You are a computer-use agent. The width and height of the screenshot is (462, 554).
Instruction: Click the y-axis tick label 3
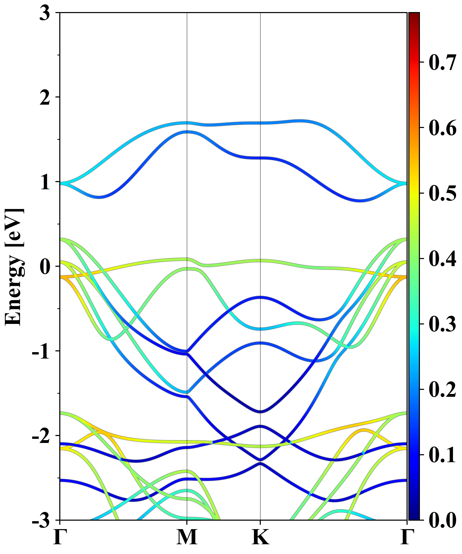click(45, 13)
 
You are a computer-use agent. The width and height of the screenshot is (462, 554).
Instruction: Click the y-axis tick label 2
click(45, 98)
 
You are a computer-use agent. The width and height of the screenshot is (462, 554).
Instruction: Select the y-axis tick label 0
click(45, 267)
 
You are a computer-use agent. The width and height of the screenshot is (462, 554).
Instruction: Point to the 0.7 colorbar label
click(442, 63)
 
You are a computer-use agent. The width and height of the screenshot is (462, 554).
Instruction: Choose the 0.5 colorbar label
click(442, 193)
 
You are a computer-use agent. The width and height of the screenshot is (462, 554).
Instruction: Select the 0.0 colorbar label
click(442, 520)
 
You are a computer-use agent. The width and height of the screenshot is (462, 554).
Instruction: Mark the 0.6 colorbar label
click(442, 128)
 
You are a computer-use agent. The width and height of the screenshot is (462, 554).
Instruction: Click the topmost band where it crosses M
click(187, 123)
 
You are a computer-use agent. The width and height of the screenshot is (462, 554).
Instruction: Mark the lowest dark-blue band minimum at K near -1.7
click(261, 412)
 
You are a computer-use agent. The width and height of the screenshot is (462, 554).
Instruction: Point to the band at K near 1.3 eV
click(261, 158)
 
